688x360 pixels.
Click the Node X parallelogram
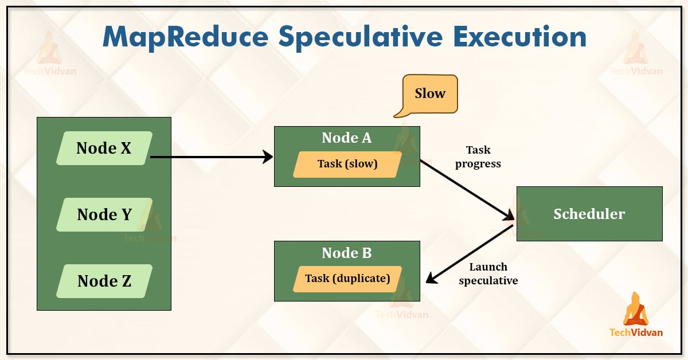[x=104, y=148]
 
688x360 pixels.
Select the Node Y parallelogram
[x=104, y=215]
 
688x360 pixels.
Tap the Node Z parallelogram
[x=104, y=281]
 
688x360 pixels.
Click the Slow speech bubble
[x=430, y=93]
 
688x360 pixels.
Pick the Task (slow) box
[x=347, y=164]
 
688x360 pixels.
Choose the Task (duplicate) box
[x=347, y=279]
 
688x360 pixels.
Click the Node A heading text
[x=347, y=138]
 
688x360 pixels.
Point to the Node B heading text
[x=347, y=253]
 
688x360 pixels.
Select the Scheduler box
[x=589, y=214]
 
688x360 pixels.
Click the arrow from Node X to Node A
[x=206, y=156]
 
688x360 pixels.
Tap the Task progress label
[x=478, y=156]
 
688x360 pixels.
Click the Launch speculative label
[x=488, y=273]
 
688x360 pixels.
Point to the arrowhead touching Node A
[x=268, y=156]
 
